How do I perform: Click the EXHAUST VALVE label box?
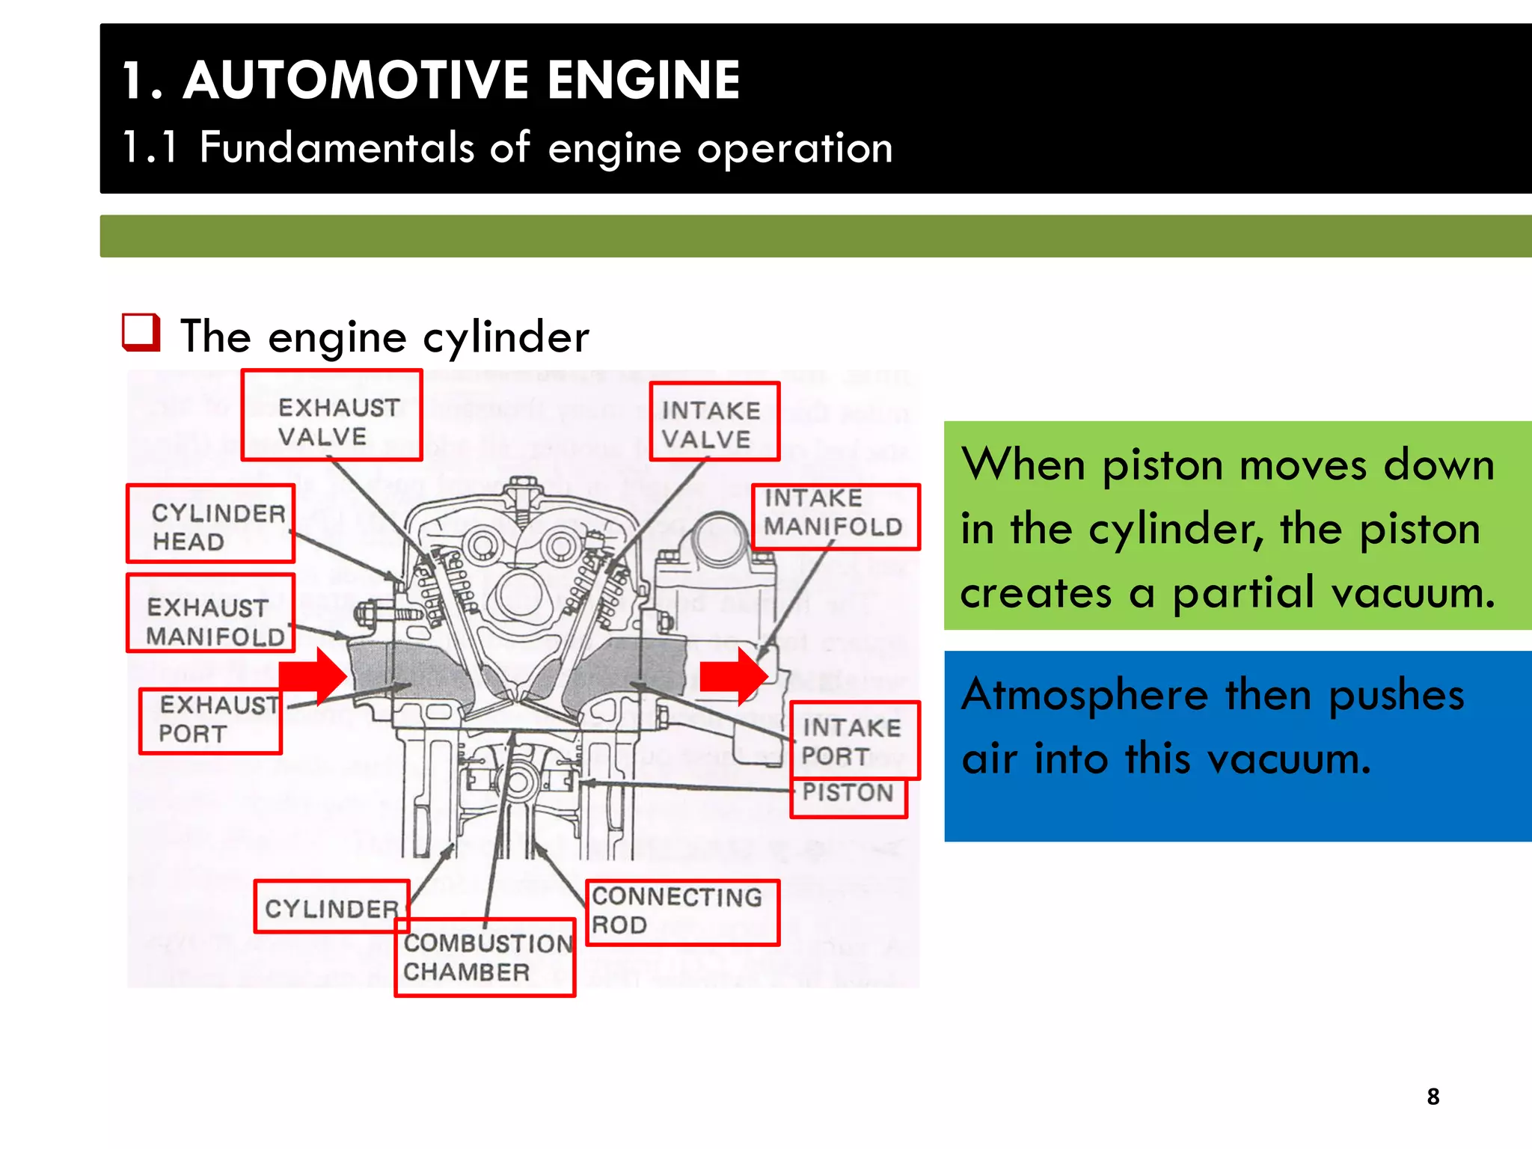332,415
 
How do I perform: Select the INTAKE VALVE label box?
714,421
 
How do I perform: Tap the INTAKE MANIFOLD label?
836,517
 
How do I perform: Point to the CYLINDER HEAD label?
210,524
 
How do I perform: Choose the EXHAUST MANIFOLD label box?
210,613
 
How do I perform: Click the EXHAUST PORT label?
210,720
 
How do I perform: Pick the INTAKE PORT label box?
854,741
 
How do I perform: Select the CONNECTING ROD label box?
681,913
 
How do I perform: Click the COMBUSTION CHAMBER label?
485,958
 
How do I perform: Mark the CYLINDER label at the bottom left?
331,907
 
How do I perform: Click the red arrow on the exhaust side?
314,676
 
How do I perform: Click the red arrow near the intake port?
733,676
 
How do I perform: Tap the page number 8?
1433,1097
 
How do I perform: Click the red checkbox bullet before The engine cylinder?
141,333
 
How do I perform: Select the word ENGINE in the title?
643,80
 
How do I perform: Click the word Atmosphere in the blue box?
1085,695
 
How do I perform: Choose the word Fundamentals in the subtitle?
337,147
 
